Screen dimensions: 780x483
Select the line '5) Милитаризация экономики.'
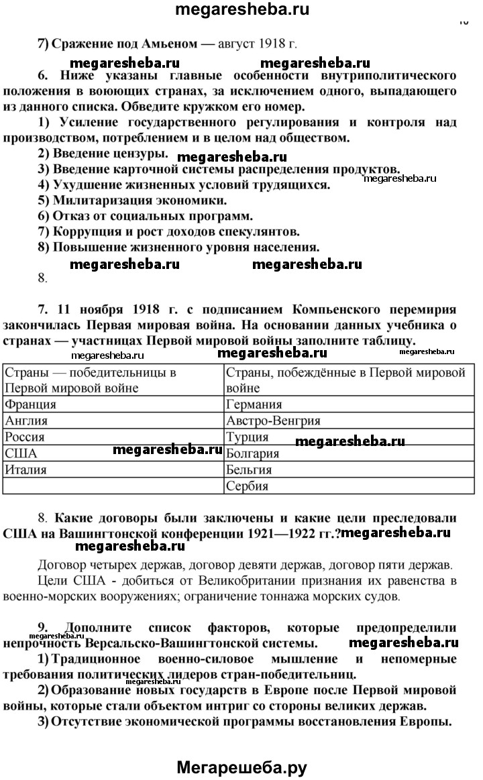[132, 200]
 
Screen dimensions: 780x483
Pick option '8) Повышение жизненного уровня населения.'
[178, 247]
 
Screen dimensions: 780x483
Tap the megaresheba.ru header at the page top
[241, 9]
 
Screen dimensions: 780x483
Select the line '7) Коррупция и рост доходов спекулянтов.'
[168, 231]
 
